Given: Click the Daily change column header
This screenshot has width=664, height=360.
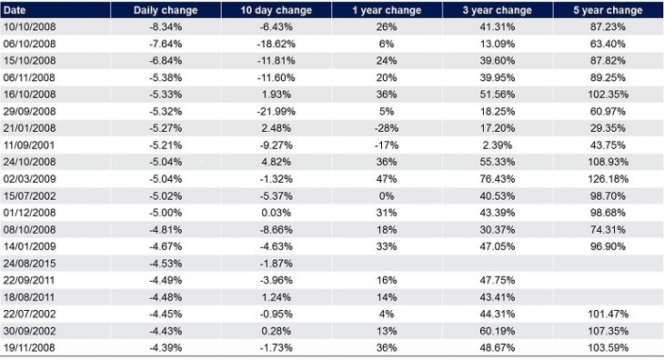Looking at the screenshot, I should (x=166, y=10).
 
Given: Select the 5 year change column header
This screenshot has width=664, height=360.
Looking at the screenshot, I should (x=609, y=10).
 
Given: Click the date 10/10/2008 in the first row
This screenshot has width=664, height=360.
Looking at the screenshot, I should (x=26, y=27).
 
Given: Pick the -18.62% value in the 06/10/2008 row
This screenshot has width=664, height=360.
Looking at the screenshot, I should (x=277, y=44).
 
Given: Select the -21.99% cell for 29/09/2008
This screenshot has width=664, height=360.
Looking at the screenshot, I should (x=277, y=109).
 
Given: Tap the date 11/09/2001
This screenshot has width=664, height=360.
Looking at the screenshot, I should (x=26, y=142).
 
